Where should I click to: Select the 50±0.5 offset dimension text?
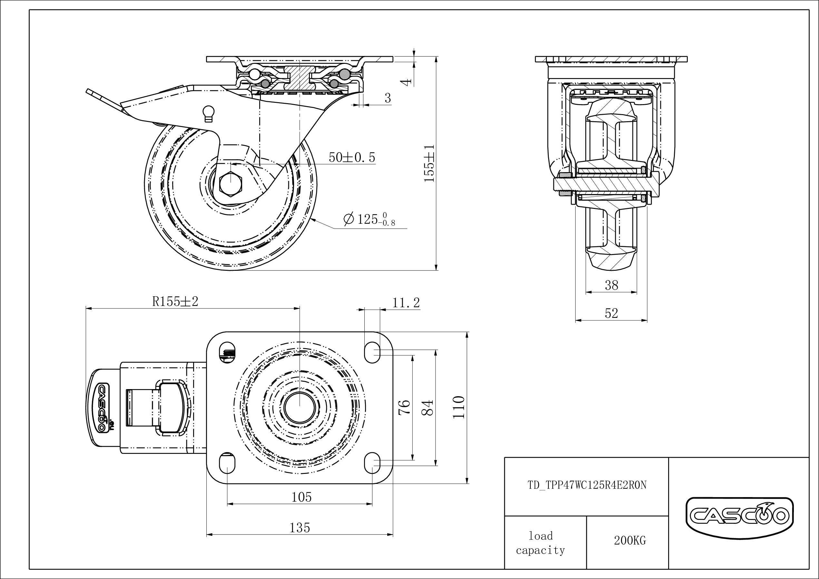click(x=352, y=157)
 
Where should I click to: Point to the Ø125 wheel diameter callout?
click(x=369, y=219)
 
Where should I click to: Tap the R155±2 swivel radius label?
click(x=175, y=301)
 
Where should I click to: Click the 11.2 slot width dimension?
click(x=406, y=303)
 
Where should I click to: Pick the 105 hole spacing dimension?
click(x=301, y=497)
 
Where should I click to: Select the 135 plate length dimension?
click(x=300, y=528)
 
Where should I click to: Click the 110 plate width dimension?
click(x=459, y=407)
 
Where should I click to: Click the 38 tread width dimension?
click(x=611, y=285)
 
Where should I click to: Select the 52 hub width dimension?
click(x=611, y=313)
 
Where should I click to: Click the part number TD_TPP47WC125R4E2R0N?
click(x=587, y=485)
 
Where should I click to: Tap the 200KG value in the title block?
click(x=630, y=541)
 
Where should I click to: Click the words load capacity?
click(x=540, y=543)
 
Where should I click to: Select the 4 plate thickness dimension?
click(x=406, y=83)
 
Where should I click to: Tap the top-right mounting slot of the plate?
click(x=372, y=352)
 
